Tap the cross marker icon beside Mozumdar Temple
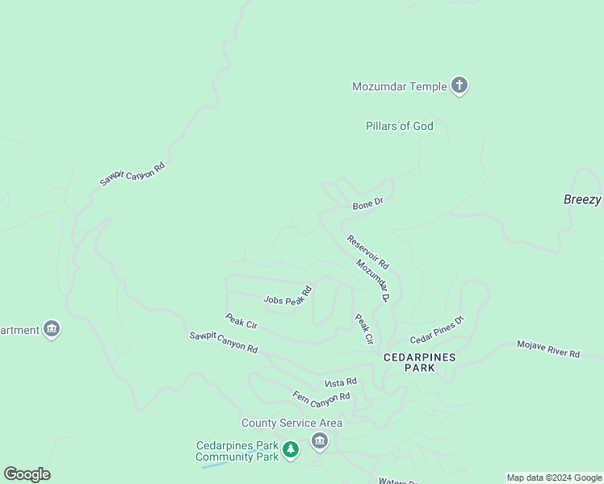click(x=459, y=85)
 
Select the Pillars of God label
click(x=399, y=126)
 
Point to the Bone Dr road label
click(x=367, y=204)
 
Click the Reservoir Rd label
click(x=368, y=252)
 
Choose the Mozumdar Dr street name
click(x=373, y=281)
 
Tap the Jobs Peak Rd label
click(x=288, y=296)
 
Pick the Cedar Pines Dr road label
click(x=438, y=330)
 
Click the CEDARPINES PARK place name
click(x=419, y=362)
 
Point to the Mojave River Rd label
click(x=548, y=348)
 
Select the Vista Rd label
click(x=340, y=382)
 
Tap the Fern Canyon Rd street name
click(x=321, y=396)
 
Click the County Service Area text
click(x=292, y=423)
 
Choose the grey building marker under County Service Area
click(x=319, y=441)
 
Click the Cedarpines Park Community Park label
click(x=237, y=451)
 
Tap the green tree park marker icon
click(x=291, y=449)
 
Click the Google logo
click(x=27, y=474)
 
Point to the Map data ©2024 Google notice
click(x=554, y=478)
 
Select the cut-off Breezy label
click(x=582, y=199)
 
